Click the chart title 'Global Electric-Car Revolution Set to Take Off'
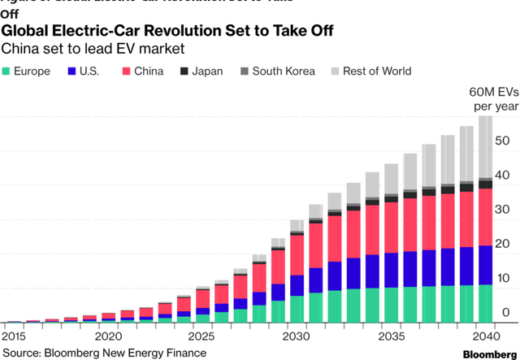click(x=167, y=31)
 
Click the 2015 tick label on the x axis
click(x=15, y=336)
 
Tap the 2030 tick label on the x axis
click(x=296, y=336)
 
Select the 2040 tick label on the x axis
click(x=484, y=336)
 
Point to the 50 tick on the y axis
click(x=503, y=141)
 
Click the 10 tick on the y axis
click(x=503, y=279)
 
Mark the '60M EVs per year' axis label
click(x=488, y=98)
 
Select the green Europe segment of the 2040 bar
click(x=485, y=303)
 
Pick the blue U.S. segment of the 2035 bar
click(x=391, y=271)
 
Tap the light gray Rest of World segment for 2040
click(x=485, y=146)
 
